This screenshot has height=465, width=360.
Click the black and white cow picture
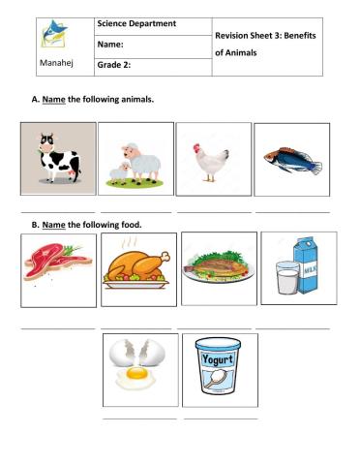[57, 160]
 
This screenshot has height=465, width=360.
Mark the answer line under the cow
[57, 210]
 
